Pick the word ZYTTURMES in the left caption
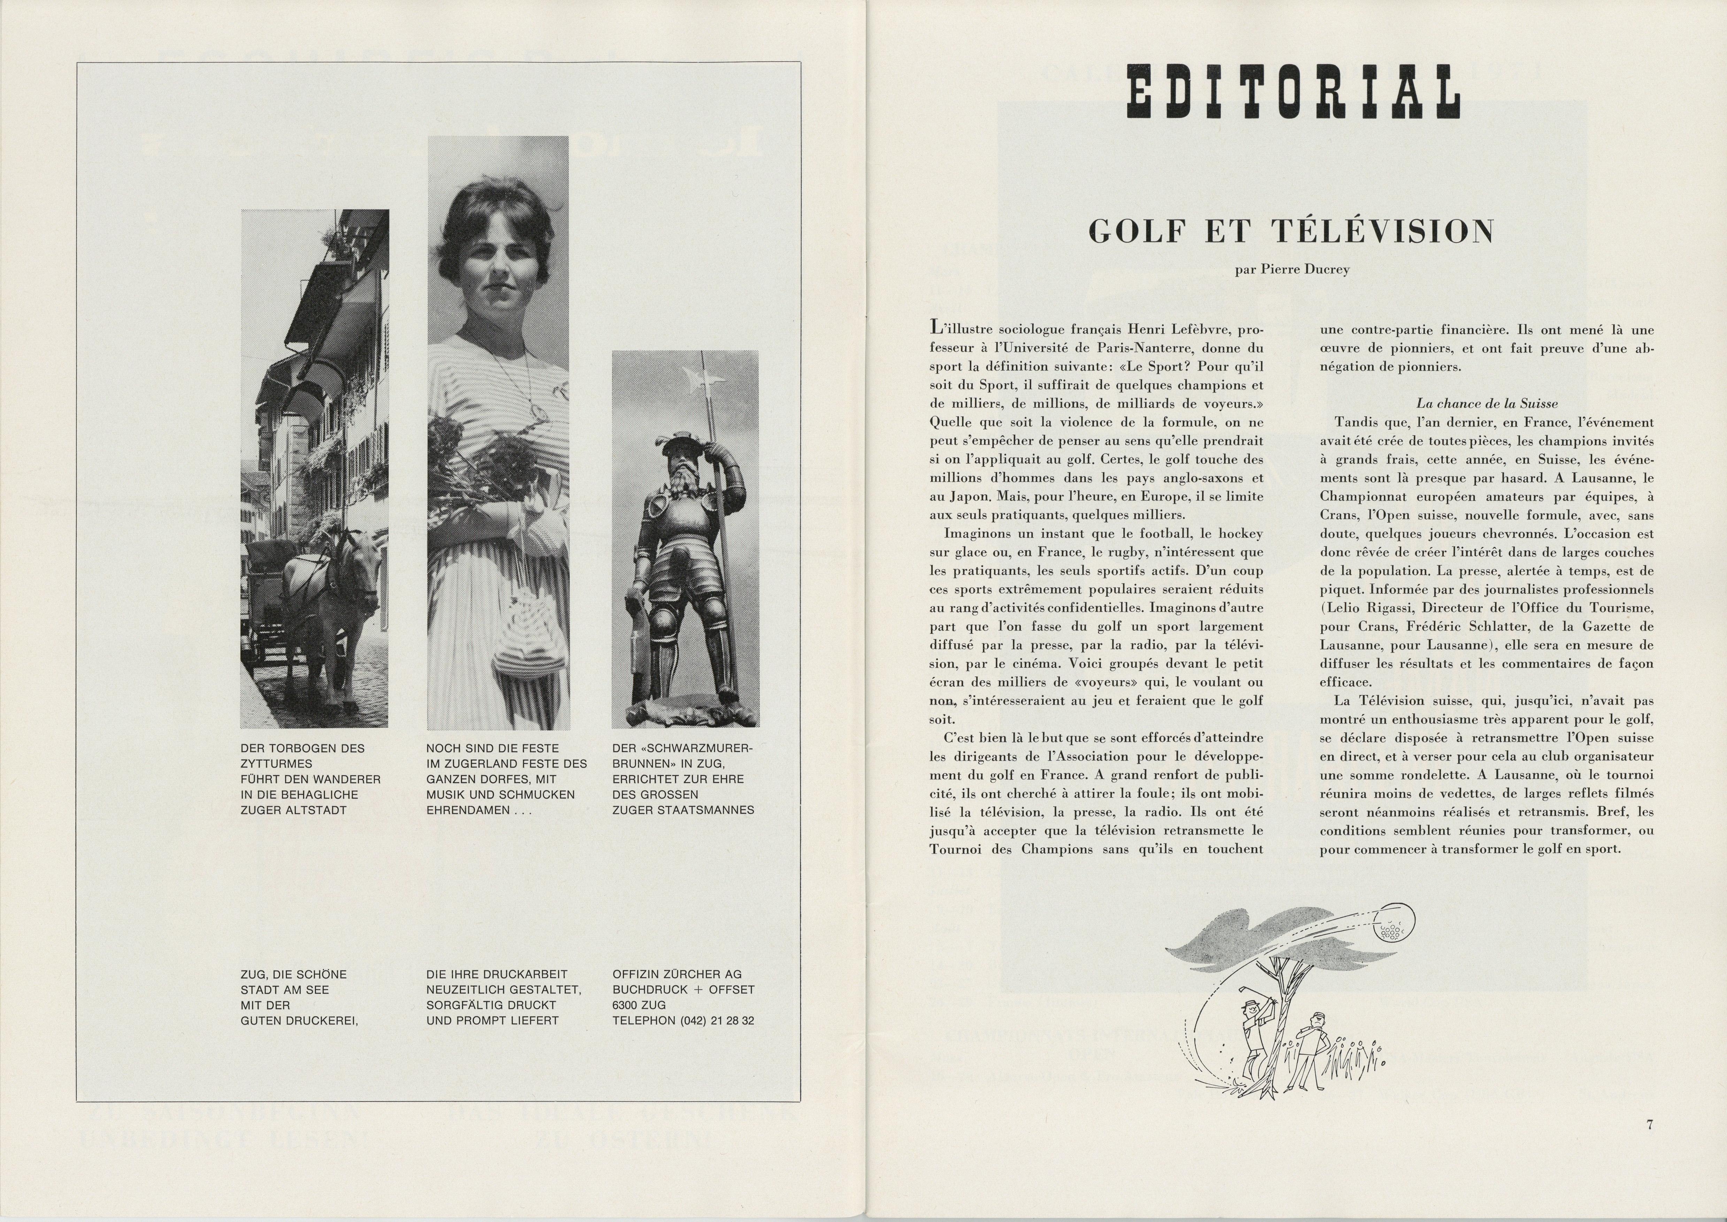coord(276,764)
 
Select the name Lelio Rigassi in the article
coord(1363,608)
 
